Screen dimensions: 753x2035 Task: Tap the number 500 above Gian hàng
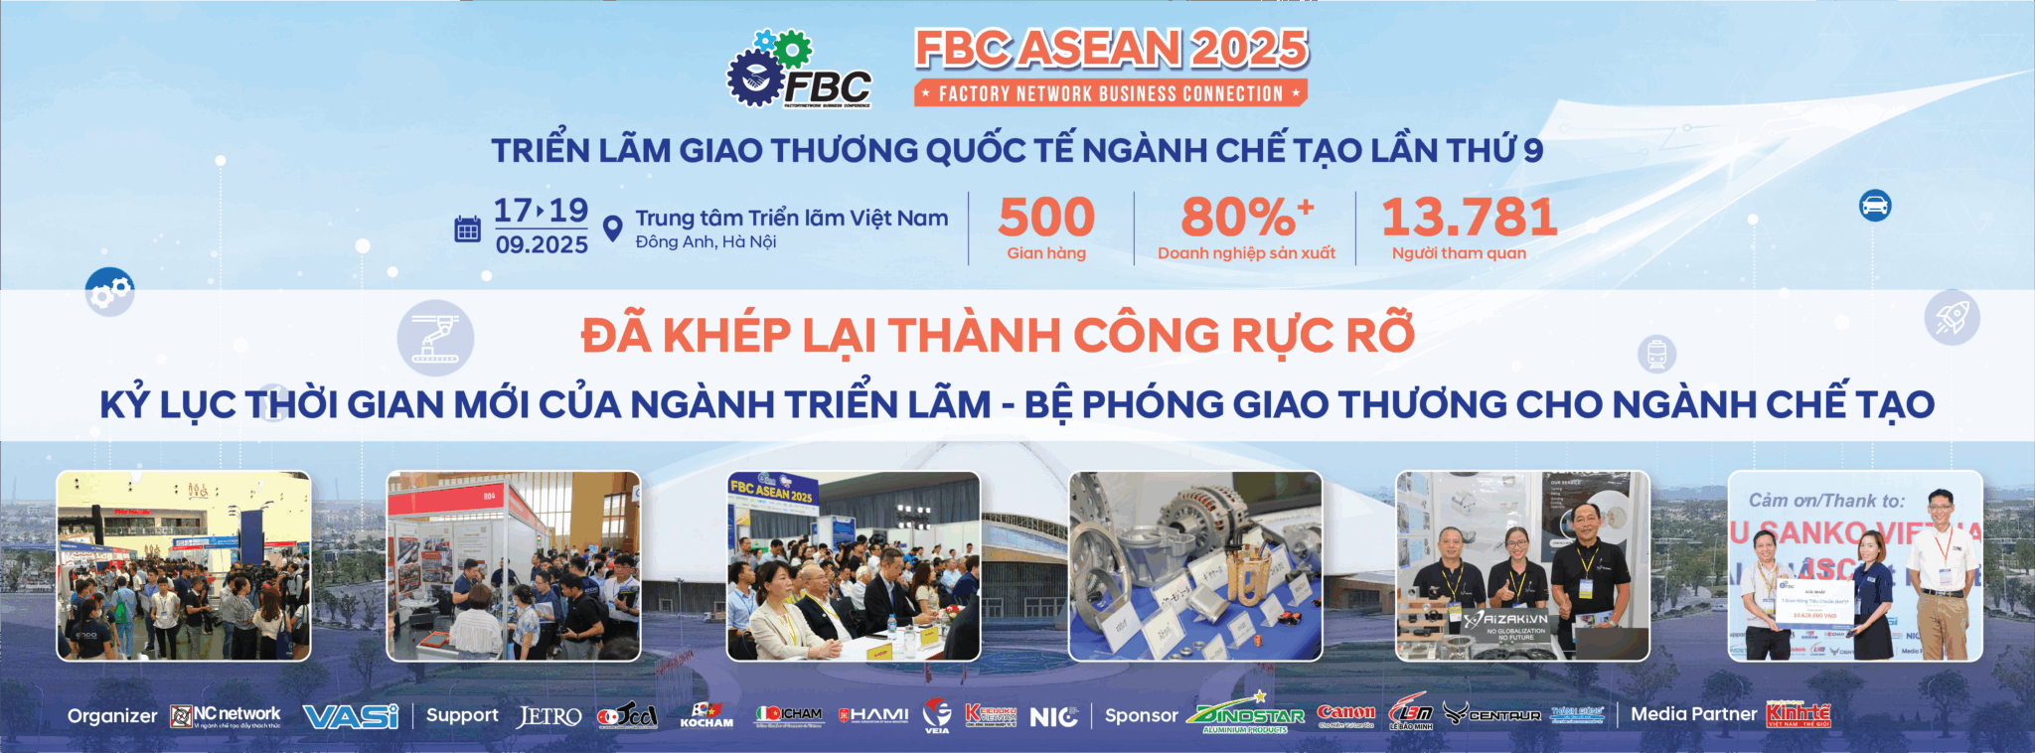point(1046,218)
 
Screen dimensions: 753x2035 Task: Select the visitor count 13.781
point(1469,218)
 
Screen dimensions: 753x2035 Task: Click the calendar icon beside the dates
point(467,229)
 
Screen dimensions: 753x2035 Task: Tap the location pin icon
point(613,228)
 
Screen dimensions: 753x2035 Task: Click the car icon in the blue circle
point(1874,206)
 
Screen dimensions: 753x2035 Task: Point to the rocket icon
point(1952,318)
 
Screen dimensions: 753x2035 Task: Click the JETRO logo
point(549,716)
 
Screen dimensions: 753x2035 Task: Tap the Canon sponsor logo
point(1345,713)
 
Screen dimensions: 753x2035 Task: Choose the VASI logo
point(350,716)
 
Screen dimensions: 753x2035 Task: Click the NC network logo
point(226,715)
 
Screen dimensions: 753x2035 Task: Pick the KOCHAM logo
point(706,715)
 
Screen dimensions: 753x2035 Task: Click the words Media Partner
point(1693,714)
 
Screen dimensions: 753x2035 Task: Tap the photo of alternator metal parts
point(1195,566)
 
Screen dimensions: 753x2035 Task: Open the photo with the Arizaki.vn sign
point(1522,566)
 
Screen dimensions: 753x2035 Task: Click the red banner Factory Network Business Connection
point(1111,93)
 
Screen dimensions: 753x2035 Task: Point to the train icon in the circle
point(1656,354)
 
